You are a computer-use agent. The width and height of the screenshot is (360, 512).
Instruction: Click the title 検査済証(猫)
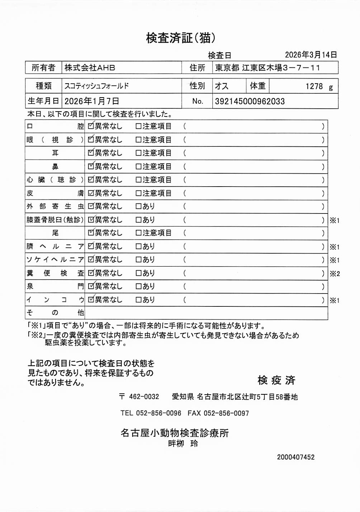[x=180, y=38]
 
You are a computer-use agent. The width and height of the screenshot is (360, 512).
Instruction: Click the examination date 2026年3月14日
[x=311, y=55]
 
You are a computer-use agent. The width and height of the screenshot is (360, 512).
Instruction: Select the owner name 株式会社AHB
[x=90, y=67]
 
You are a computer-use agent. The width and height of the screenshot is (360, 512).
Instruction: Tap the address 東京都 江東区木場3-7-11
[x=267, y=67]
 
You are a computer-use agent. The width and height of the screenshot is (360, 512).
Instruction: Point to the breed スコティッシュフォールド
[x=96, y=86]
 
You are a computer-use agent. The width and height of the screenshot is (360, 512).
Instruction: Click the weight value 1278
[x=314, y=86]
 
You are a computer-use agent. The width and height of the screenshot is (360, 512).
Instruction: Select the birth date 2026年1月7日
[x=91, y=101]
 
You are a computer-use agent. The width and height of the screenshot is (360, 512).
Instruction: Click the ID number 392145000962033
[x=250, y=101]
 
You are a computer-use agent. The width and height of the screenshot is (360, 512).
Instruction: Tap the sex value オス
[x=221, y=86]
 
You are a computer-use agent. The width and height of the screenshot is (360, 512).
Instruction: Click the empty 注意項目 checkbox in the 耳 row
[x=138, y=153]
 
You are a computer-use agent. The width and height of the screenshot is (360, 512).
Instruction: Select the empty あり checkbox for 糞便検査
[x=138, y=273]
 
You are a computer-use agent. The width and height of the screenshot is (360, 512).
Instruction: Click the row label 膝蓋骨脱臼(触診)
[x=55, y=220]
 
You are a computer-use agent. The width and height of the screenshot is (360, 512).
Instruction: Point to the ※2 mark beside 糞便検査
[x=335, y=274]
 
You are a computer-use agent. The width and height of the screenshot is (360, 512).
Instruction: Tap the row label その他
[x=55, y=313]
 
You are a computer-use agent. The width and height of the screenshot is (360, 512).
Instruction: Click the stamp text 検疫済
[x=276, y=380]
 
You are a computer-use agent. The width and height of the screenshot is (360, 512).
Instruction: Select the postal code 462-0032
[x=144, y=396]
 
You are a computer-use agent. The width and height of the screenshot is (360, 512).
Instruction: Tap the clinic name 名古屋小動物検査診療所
[x=175, y=433]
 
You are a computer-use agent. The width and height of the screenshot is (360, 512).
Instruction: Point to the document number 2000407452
[x=295, y=457]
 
